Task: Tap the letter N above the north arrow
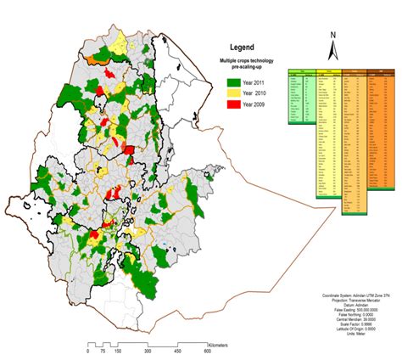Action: [334, 35]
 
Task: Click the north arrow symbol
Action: [334, 50]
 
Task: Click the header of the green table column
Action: [300, 69]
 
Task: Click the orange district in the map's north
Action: [100, 60]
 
